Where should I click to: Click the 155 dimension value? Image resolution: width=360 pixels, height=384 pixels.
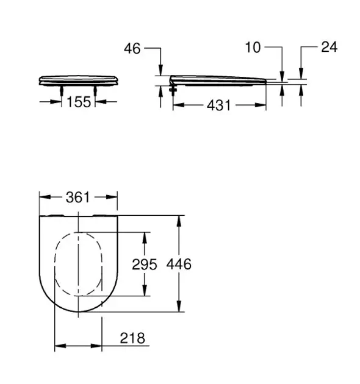pyautogui.click(x=79, y=102)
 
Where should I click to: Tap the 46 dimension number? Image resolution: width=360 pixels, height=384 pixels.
pyautogui.click(x=132, y=49)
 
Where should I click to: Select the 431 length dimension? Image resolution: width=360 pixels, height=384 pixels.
pyautogui.click(x=219, y=105)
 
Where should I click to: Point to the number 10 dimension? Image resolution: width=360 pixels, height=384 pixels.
pyautogui.click(x=253, y=48)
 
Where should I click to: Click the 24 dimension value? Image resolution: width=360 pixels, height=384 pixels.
pyautogui.click(x=329, y=47)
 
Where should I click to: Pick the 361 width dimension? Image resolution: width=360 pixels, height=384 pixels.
pyautogui.click(x=78, y=197)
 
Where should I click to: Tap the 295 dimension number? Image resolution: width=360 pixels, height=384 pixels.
pyautogui.click(x=145, y=265)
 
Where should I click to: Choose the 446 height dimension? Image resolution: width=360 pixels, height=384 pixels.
pyautogui.click(x=179, y=265)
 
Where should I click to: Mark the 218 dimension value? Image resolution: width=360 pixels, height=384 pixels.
pyautogui.click(x=132, y=338)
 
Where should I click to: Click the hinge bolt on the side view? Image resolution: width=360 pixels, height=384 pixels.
pyautogui.click(x=173, y=90)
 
